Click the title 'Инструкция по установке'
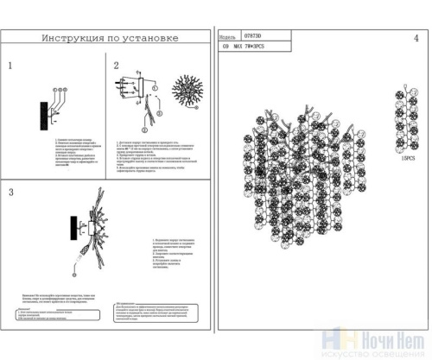110,39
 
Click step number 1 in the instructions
10,66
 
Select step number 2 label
117,66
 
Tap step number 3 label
10,192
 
